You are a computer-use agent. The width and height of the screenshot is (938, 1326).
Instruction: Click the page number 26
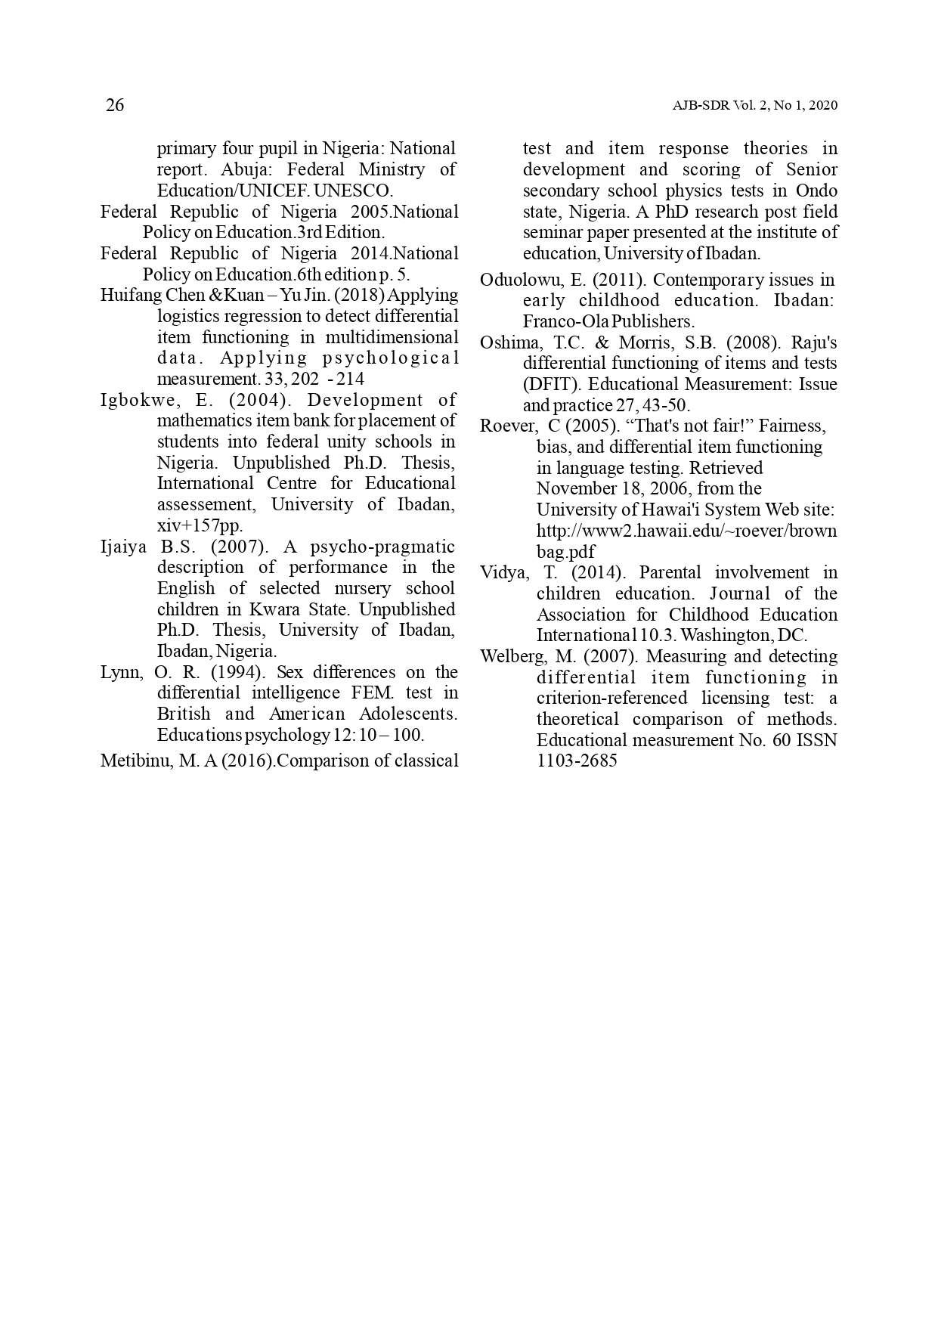115,105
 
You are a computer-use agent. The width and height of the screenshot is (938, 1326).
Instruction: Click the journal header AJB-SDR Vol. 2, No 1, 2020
754,106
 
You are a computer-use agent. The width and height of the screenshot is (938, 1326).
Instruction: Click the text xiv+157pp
200,525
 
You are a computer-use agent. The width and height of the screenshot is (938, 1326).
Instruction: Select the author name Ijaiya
123,547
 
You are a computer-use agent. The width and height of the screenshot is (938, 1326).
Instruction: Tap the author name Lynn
121,672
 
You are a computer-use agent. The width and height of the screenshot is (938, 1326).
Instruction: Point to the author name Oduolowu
521,280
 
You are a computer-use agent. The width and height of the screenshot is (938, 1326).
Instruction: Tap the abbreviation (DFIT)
547,384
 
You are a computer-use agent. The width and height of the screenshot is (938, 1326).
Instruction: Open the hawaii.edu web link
686,531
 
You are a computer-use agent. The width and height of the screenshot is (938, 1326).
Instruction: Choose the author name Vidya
504,572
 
